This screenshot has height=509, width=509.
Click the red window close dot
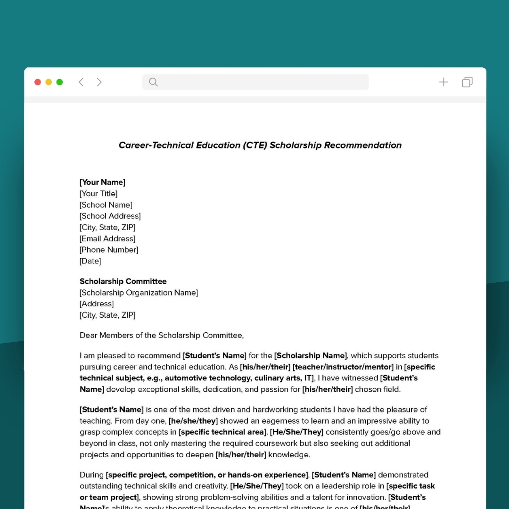[x=38, y=82]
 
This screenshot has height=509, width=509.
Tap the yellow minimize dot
[x=49, y=82]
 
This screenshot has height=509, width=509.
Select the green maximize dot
[x=59, y=82]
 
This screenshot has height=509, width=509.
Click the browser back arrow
[x=81, y=82]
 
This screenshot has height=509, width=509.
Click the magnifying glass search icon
[x=153, y=82]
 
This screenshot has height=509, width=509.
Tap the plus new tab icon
[x=443, y=82]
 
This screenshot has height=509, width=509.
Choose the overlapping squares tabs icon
[x=467, y=82]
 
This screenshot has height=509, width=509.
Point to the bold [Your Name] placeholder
[x=102, y=182]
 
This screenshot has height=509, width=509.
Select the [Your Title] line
[x=99, y=194]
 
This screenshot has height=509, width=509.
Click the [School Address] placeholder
[x=110, y=216]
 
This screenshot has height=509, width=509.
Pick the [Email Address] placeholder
[x=107, y=239]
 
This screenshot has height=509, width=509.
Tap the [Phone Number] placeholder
[x=109, y=250]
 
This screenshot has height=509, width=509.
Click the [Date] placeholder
[x=90, y=261]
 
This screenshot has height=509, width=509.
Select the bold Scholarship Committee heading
[x=123, y=281]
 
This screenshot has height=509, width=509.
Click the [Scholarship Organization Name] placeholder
[x=139, y=293]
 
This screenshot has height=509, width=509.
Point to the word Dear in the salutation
[x=88, y=336]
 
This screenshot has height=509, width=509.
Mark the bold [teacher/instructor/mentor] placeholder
[x=343, y=367]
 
